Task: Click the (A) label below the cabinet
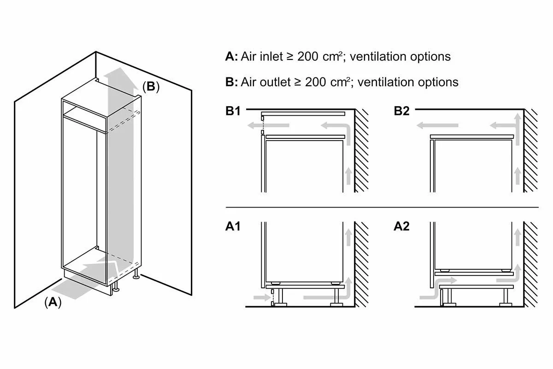pos(53,302)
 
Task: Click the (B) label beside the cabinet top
pos(151,87)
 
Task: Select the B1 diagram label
pos(233,111)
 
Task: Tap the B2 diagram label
pos(402,111)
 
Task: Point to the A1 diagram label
pos(233,226)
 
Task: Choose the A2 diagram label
pos(402,226)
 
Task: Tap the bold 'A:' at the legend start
pos(231,56)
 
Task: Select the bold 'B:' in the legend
pos(231,82)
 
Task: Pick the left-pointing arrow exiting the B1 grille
pos(268,125)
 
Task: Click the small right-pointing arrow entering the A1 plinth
pos(262,298)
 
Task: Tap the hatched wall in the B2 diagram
pos(531,150)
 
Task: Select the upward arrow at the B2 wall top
pos(518,129)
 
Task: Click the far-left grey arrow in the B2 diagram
pos(437,125)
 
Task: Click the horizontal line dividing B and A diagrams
pos(382,208)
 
